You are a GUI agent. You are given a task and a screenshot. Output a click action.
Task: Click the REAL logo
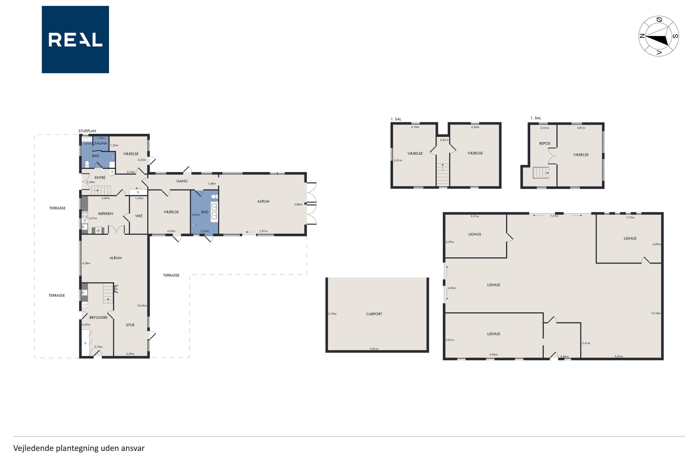[75, 39]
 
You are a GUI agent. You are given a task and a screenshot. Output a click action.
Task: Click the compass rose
[658, 36]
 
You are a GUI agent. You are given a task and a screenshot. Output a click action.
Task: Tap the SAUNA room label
[101, 143]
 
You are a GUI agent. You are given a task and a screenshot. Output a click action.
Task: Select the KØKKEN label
[106, 213]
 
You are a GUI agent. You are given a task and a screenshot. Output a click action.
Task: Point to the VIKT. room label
[139, 216]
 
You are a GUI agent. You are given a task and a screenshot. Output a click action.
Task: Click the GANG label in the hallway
[182, 181]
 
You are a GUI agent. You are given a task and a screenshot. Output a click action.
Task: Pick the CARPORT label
[374, 314]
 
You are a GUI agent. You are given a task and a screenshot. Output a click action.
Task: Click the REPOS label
[545, 143]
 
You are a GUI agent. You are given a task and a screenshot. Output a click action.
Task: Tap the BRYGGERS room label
[98, 318]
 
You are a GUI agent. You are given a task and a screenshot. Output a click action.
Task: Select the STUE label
[130, 325]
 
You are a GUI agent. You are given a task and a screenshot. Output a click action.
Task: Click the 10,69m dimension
[142, 306]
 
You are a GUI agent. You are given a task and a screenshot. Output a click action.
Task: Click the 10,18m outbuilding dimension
[656, 313]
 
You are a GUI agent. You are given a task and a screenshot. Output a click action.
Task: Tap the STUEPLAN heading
[87, 131]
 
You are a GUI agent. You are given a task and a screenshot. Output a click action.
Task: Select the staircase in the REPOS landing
[541, 173]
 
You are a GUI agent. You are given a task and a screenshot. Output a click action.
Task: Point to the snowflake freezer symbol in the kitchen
[98, 230]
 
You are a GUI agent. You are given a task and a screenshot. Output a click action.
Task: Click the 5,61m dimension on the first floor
[398, 160]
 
